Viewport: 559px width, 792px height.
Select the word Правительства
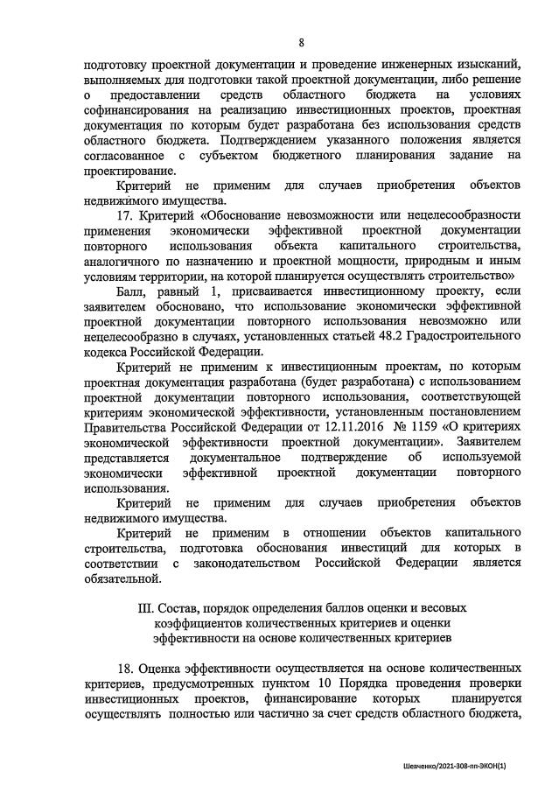click(x=124, y=429)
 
